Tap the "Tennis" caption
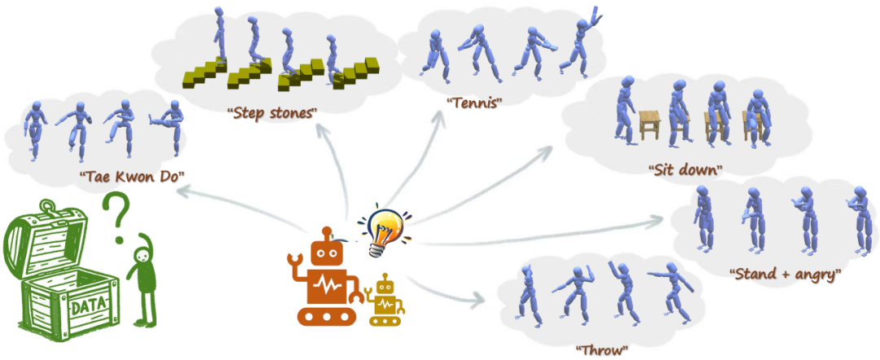click(x=473, y=103)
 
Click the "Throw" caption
click(x=602, y=350)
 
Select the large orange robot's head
click(x=325, y=255)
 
